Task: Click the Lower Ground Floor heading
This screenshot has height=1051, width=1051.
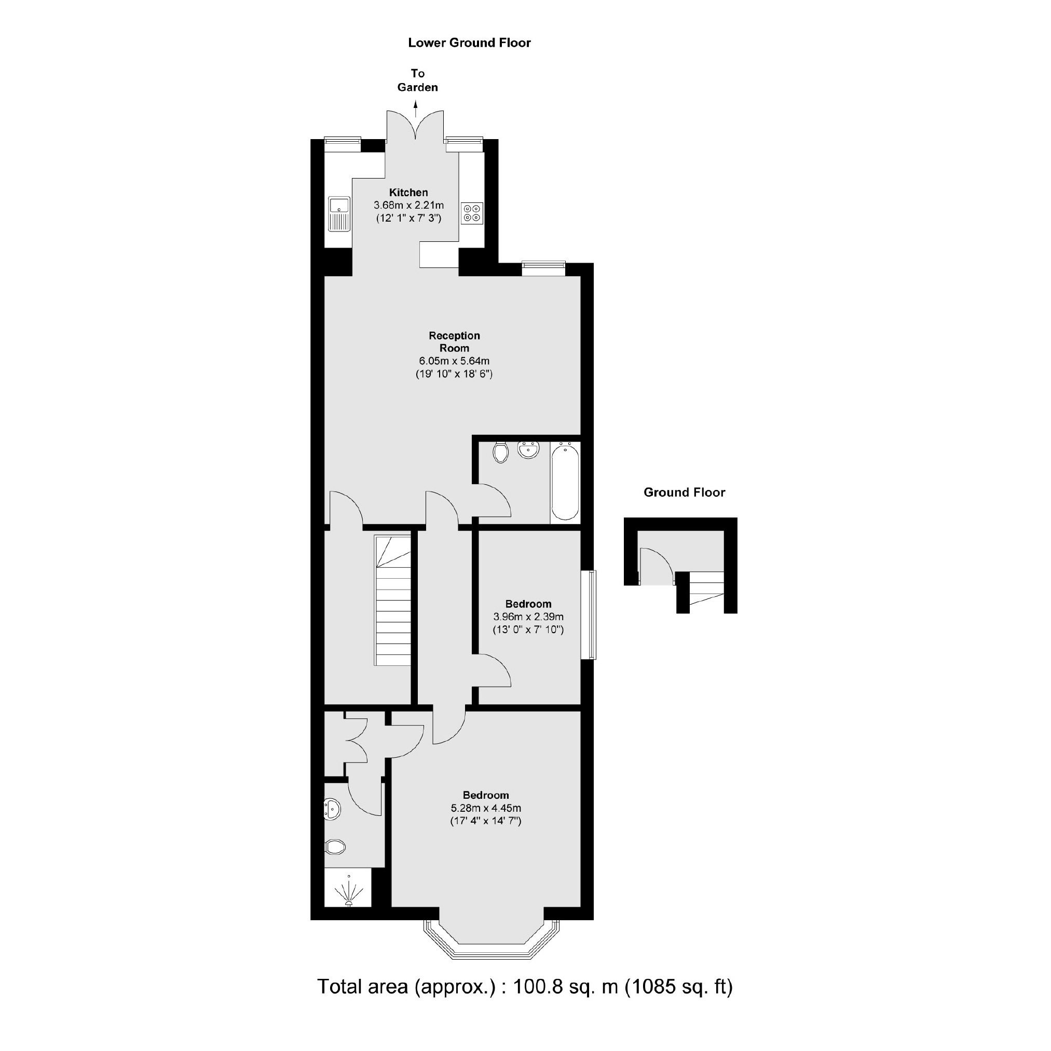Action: pyautogui.click(x=470, y=43)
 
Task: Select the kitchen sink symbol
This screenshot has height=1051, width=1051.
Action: pyautogui.click(x=338, y=214)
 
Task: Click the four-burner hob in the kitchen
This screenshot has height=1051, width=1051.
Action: pyautogui.click(x=472, y=213)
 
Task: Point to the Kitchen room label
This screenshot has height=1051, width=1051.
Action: pyautogui.click(x=408, y=193)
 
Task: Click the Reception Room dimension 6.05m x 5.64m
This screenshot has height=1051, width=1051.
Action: pyautogui.click(x=454, y=361)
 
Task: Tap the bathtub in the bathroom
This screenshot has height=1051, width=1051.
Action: pyautogui.click(x=565, y=482)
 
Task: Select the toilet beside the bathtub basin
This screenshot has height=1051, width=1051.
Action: pyautogui.click(x=500, y=452)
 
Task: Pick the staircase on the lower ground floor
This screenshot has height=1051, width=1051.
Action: pyautogui.click(x=392, y=600)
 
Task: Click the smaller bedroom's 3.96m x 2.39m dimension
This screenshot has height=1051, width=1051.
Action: pyautogui.click(x=528, y=617)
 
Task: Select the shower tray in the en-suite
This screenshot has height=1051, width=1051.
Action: pyautogui.click(x=348, y=888)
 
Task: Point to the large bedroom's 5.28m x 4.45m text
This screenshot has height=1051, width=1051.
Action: pyautogui.click(x=486, y=809)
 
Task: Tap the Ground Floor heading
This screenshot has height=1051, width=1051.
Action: pyautogui.click(x=685, y=493)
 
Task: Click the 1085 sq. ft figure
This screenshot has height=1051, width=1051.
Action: pyautogui.click(x=678, y=1002)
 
